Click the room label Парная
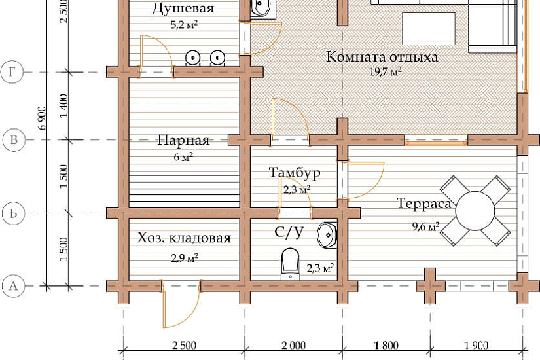click(183, 141)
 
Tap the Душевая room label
click(183, 9)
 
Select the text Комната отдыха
click(382, 57)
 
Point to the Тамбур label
click(295, 173)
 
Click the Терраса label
click(424, 204)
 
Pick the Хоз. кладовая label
click(184, 238)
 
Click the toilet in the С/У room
click(291, 264)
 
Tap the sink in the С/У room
click(327, 235)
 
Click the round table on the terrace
click(475, 211)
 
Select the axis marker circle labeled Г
click(12, 73)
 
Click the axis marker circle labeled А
click(14, 286)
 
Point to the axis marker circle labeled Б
click(14, 213)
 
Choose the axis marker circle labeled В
click(14, 140)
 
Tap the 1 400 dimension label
click(64, 105)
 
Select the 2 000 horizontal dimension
click(293, 345)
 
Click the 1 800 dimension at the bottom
click(386, 345)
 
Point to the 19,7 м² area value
click(386, 72)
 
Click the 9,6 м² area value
click(425, 226)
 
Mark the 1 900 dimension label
click(477, 345)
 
